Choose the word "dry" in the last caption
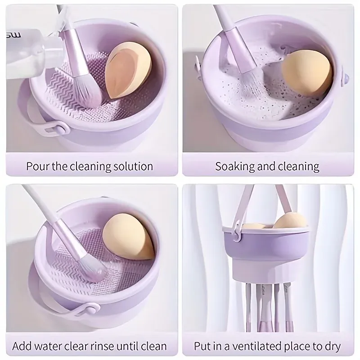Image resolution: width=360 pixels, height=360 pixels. pos(332,346)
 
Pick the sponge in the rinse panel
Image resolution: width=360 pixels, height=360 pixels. pos(129,240)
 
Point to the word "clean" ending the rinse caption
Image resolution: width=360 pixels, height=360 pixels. pos(153,346)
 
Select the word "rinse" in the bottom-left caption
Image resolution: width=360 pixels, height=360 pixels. pos(104,346)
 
